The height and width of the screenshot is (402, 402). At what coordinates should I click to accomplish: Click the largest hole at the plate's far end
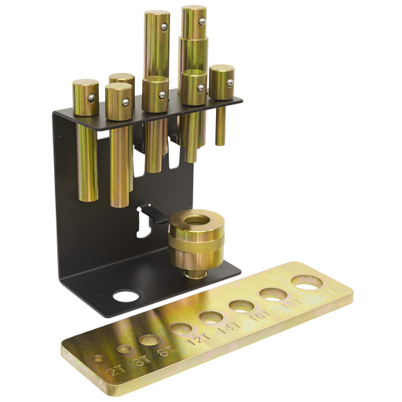(x=306, y=282)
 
